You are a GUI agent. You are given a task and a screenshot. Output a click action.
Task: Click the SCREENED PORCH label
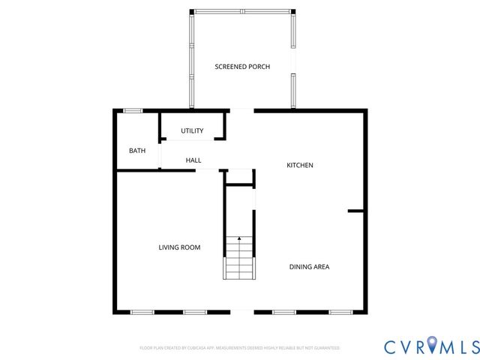pos(242,67)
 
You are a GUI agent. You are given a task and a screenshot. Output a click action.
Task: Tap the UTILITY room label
pos(192,131)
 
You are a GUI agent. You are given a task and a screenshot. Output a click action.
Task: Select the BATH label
pos(137,151)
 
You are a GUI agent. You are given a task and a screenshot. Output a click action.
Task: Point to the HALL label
pos(193,160)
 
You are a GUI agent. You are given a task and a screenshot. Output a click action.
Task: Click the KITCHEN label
pos(300,165)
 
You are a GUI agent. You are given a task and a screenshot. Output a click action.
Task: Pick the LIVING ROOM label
pos(179,247)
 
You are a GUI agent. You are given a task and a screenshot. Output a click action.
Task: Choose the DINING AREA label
pos(310,266)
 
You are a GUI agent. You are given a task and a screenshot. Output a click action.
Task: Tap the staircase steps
pos(240,262)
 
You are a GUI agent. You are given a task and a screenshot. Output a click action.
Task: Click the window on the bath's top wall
pos(133,111)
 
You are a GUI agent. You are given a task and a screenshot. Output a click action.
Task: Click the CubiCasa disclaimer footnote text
pos(240,348)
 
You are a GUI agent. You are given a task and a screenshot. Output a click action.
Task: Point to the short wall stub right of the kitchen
pos(356,211)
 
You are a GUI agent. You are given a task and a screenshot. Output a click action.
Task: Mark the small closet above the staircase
pos(240,177)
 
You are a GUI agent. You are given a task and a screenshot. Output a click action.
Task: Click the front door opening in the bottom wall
pos(241,312)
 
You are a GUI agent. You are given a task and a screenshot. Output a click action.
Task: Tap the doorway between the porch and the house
pos(241,111)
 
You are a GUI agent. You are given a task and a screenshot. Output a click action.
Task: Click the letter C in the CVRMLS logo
pos(391,346)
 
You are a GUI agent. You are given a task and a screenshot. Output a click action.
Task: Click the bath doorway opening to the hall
pos(160,153)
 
